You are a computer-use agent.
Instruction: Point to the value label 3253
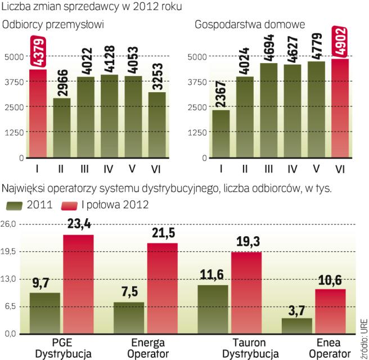pos(158,76)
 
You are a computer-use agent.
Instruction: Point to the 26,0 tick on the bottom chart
pos(9,224)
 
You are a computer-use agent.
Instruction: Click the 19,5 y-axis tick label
pos(9,252)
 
